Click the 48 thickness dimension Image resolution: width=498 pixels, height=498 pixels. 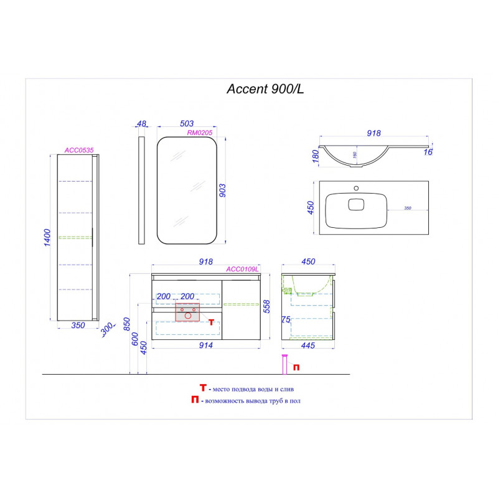[141, 124]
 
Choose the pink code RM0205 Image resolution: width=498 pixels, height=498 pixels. [200, 133]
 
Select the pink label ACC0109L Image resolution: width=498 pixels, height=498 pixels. [242, 269]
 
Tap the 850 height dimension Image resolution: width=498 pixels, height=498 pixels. [126, 324]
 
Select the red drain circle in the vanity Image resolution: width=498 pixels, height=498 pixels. [188, 316]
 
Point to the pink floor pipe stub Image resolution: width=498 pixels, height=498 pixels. [285, 365]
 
